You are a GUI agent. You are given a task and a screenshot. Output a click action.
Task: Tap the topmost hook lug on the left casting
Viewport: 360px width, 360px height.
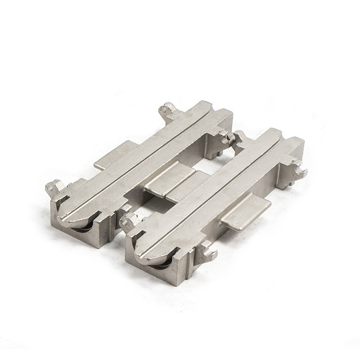point(168,109)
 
